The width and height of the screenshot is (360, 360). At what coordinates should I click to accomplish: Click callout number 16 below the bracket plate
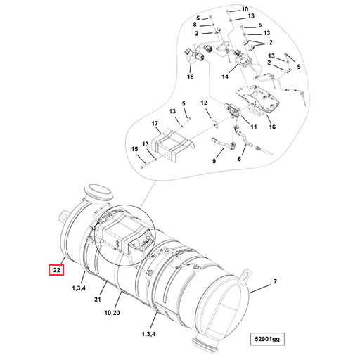click(271, 127)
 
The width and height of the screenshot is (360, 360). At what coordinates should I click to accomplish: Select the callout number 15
click(133, 150)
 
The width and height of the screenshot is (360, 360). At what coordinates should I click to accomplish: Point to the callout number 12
click(205, 103)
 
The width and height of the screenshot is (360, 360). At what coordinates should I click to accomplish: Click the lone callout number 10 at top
click(245, 9)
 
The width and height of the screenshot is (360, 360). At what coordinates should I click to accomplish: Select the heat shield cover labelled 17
click(172, 143)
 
